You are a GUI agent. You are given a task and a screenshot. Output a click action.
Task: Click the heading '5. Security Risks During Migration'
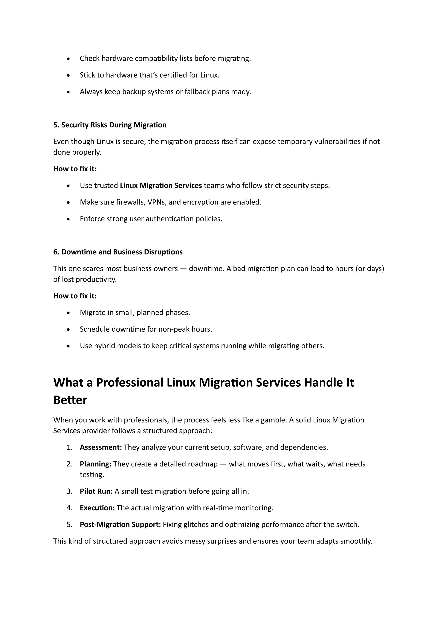coord(110,125)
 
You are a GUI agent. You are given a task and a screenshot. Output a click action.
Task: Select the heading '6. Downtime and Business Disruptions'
coord(118,252)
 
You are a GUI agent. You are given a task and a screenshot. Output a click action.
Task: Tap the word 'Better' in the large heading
coord(70,400)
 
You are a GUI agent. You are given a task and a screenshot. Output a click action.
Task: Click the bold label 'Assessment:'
coord(101,447)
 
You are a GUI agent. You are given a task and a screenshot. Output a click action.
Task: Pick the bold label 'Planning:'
coord(95,464)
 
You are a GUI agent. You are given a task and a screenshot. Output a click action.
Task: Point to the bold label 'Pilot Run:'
coord(96,491)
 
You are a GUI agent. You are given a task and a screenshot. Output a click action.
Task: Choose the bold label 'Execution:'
coord(97,508)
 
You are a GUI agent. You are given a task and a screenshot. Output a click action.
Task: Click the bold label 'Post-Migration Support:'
coord(120,524)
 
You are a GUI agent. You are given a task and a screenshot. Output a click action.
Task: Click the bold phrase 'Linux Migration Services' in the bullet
coord(161,186)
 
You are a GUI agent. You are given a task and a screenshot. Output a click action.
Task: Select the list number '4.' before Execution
coord(70,508)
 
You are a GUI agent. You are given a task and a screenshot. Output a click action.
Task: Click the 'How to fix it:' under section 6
coord(75,296)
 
